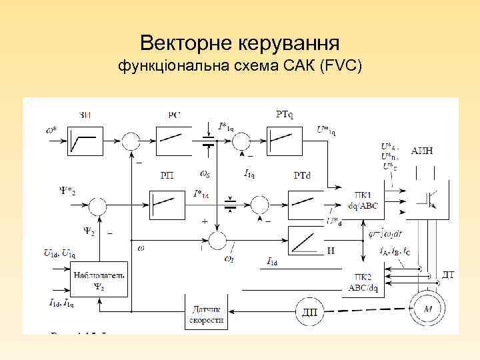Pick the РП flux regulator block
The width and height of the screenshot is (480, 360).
tap(167, 202)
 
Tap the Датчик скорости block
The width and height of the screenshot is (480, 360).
tap(207, 312)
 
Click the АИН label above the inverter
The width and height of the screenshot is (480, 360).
tap(422, 151)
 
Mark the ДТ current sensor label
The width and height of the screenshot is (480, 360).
tap(449, 275)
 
